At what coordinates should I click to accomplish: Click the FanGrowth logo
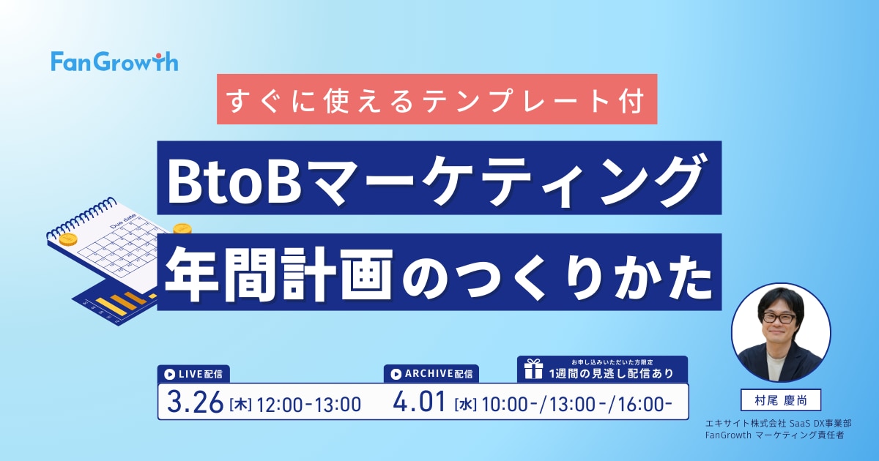click(114, 61)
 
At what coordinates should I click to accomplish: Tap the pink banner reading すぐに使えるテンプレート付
click(437, 100)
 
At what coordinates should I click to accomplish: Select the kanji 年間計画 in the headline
click(279, 274)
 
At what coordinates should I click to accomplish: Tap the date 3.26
click(195, 402)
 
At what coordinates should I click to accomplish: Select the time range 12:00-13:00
click(308, 405)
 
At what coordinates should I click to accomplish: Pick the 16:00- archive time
click(645, 405)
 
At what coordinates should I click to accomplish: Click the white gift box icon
click(534, 369)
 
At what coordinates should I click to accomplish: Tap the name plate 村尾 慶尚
click(781, 400)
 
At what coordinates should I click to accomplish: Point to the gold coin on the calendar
click(68, 239)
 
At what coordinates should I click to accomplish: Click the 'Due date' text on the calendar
click(123, 221)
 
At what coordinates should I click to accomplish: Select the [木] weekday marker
click(240, 405)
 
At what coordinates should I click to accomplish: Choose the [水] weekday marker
click(465, 405)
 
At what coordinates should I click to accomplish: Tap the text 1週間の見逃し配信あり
click(612, 373)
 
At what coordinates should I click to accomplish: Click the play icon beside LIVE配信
click(169, 375)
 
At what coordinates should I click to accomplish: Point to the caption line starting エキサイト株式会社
click(779, 424)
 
